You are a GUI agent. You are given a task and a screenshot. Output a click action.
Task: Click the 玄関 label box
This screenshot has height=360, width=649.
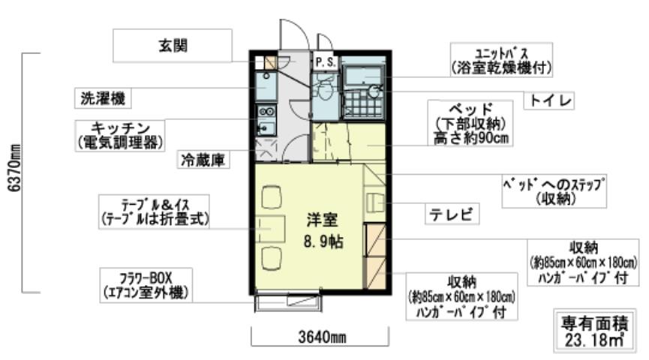click(x=171, y=46)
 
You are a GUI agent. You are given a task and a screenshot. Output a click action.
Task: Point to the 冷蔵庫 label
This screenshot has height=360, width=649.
click(x=203, y=160)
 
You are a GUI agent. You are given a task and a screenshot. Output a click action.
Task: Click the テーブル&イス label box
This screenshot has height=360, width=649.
click(x=155, y=211)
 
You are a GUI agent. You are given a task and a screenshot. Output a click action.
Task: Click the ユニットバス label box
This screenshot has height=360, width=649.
click(x=502, y=60)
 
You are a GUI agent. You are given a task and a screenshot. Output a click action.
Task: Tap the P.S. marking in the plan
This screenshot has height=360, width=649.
click(x=325, y=61)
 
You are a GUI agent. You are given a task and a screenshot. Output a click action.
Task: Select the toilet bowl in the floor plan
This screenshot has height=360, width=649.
click(x=325, y=94)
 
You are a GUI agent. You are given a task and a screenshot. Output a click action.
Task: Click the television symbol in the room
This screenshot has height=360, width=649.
click(x=375, y=201)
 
